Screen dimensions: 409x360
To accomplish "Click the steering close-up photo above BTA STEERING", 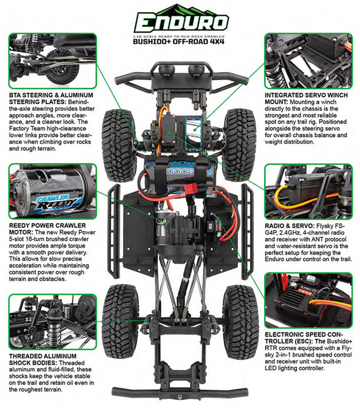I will pyautogui.click(x=52, y=61).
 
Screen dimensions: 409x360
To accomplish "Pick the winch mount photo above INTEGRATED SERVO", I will pyautogui.click(x=308, y=61).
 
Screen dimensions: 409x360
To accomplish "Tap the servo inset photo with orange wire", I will pyautogui.click(x=308, y=191).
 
